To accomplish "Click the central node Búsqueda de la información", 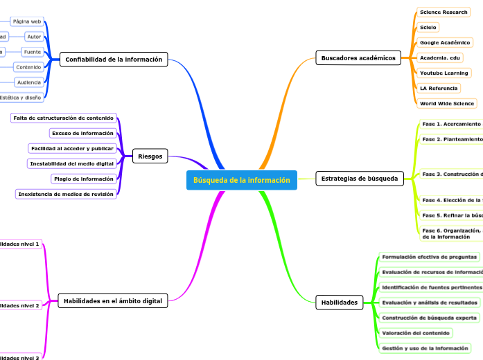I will pos(241,181).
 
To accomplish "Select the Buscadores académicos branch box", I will pos(358,58).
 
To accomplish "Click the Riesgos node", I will pos(150,156).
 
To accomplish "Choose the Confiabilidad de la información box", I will pos(114,60).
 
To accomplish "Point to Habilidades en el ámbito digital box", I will pos(113,301).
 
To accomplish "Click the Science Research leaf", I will pos(444,12).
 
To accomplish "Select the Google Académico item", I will pos(445,43).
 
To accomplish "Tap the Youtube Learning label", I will pos(444,73).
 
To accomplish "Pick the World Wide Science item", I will pos(446,104).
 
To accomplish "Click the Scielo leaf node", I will pos(428,28).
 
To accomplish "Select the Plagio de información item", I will pos(83,179).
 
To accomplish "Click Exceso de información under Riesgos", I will pos(82,133).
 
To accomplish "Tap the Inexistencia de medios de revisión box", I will pos(65,195).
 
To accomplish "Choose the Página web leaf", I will pos(27,21).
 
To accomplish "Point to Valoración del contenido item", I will pos(416,333).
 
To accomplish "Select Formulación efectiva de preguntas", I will pos(429,257).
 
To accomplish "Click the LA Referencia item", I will pos(438,89).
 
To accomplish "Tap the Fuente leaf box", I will pos(32,52).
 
